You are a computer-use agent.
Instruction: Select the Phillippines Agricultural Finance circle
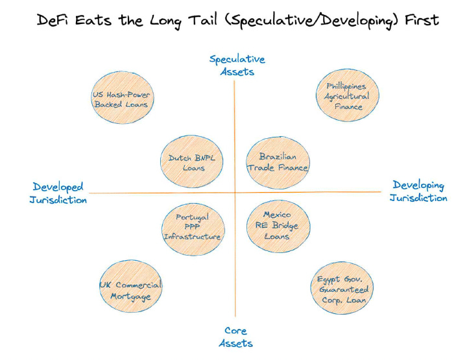346,96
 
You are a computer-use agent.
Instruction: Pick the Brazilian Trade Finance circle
278,162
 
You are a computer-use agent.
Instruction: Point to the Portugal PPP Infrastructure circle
192,227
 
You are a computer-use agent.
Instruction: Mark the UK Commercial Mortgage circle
130,290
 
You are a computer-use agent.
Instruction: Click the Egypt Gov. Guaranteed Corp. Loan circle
342,289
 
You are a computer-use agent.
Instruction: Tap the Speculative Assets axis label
237,66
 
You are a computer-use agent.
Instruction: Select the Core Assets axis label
235,337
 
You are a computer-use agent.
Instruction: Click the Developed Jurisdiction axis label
58,193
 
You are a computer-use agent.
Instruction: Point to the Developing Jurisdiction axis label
418,191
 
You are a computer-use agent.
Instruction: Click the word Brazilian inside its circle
278,156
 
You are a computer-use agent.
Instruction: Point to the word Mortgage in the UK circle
130,296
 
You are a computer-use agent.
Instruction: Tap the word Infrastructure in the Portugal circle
192,237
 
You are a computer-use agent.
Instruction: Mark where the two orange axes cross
235,193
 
